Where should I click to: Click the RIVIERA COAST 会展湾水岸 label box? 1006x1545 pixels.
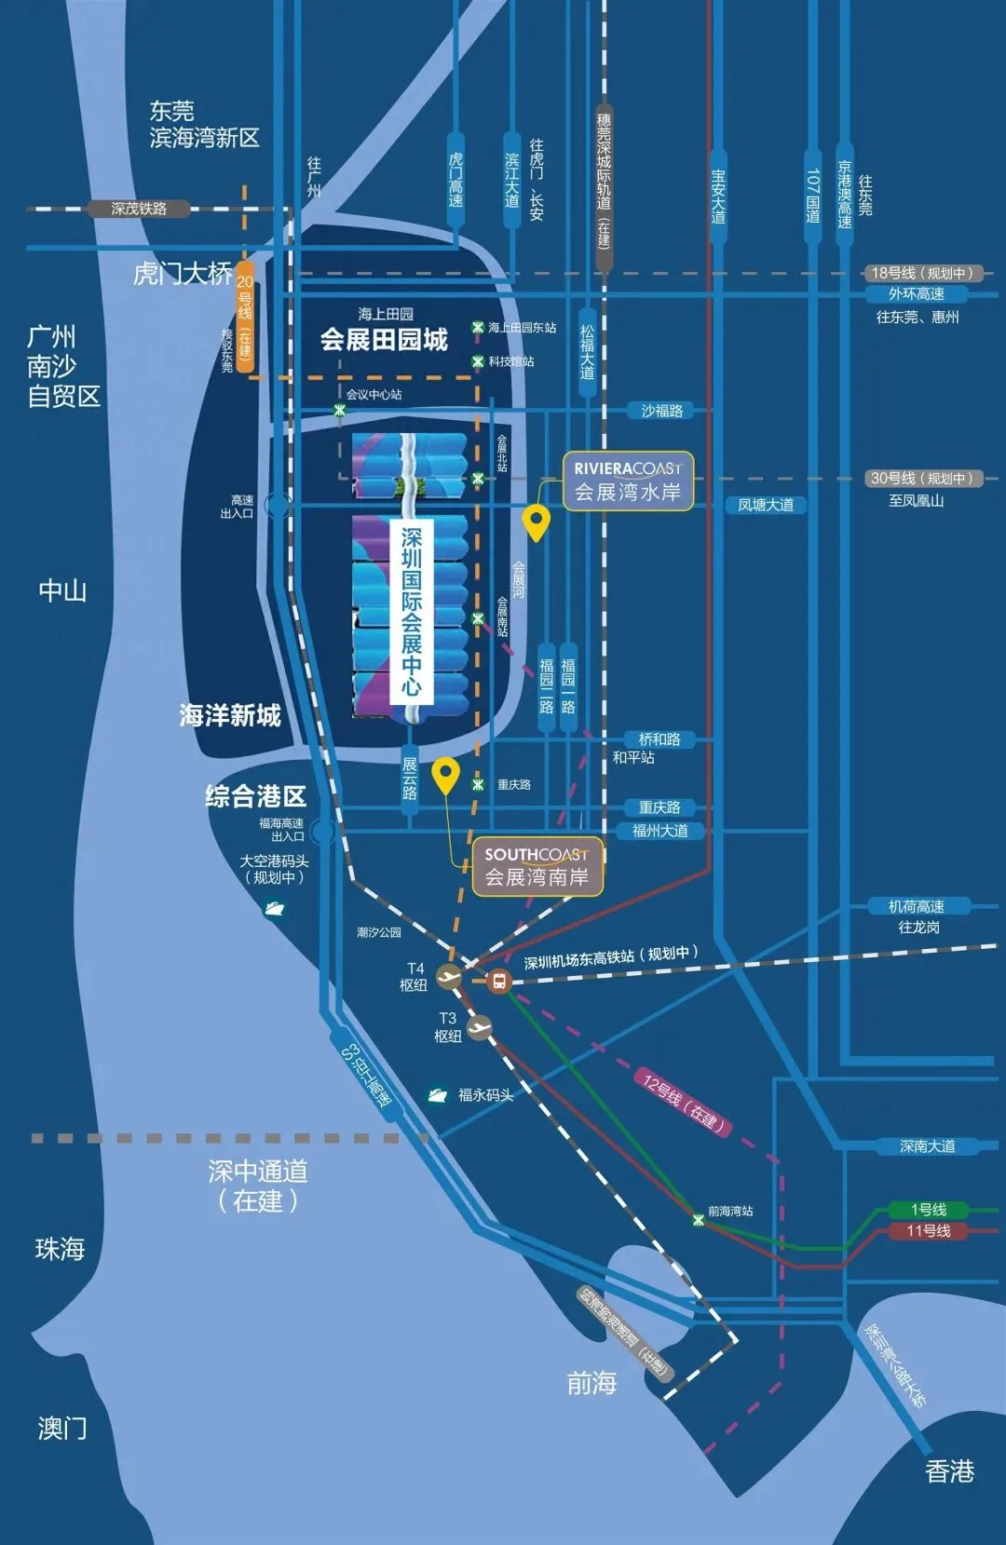(628, 481)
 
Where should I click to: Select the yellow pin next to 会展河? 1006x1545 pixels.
(536, 522)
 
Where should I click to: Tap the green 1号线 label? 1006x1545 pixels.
(928, 1210)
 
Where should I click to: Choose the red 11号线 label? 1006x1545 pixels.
(928, 1231)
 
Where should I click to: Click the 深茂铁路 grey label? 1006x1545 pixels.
(139, 209)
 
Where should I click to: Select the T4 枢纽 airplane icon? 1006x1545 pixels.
(449, 977)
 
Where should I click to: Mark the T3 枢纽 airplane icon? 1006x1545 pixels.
(479, 1027)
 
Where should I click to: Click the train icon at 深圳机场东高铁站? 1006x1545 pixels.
(499, 981)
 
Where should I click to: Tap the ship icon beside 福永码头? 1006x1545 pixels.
(438, 1095)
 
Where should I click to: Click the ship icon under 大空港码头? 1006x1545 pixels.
(275, 908)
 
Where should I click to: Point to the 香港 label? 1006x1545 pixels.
(949, 1472)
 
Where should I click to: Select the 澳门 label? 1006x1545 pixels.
(62, 1428)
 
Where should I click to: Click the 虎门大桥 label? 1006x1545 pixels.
(183, 274)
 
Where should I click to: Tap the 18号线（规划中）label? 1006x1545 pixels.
(921, 273)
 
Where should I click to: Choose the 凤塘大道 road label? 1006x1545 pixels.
(766, 505)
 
